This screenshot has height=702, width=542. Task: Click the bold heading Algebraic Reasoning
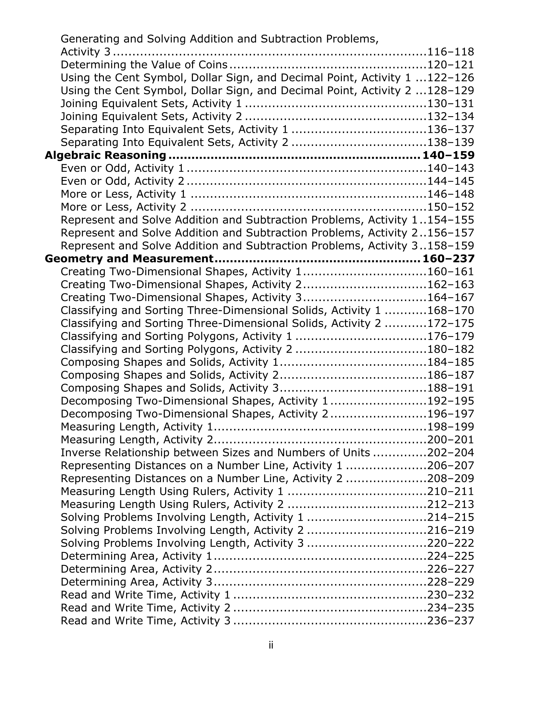click(x=105, y=155)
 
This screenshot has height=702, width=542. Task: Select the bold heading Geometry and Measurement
click(x=129, y=258)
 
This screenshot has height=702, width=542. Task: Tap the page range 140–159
click(x=448, y=155)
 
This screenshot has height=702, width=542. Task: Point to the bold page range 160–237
click(x=448, y=258)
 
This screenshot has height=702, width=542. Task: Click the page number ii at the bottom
click(x=271, y=645)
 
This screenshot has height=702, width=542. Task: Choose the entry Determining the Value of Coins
click(x=144, y=65)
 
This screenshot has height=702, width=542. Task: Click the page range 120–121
click(x=451, y=65)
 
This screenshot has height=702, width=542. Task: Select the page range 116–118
click(x=451, y=52)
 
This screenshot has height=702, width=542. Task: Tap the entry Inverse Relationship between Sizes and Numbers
click(x=215, y=453)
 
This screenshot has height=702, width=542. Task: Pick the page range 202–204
click(x=451, y=453)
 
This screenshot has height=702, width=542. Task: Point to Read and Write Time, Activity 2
click(x=146, y=607)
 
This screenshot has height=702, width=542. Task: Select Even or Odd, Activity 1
click(x=122, y=168)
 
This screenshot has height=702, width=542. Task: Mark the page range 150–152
click(x=451, y=207)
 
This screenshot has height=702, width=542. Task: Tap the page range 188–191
click(x=451, y=388)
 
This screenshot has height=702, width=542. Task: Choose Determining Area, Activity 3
click(x=136, y=582)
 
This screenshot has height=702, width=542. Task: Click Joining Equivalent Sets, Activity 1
click(x=151, y=103)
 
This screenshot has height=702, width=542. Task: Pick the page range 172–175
click(x=451, y=323)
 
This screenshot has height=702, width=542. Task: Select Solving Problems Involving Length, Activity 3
click(x=182, y=543)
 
